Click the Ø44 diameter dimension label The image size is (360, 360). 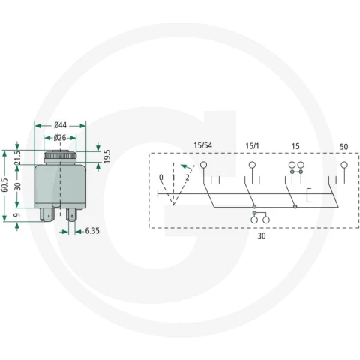tap(60, 125)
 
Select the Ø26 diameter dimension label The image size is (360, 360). tap(60, 138)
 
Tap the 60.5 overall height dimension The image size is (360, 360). tap(4, 185)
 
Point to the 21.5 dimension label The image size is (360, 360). tap(17, 158)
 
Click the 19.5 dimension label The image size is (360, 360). tap(107, 157)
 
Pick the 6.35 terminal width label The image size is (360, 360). tap(92, 231)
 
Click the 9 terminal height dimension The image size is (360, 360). tap(17, 215)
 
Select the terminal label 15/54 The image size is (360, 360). tap(203, 145)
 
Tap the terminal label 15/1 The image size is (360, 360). tap(252, 146)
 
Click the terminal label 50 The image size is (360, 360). tap(344, 147)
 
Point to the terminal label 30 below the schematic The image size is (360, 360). tap(262, 235)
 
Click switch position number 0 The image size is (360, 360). tap(161, 178)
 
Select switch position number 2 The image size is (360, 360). tap(187, 178)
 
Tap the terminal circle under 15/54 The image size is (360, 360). tap(204, 165)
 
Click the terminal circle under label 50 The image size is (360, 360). tap(344, 165)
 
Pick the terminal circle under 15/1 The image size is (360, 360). tap(252, 165)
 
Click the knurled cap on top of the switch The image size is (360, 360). tap(60, 157)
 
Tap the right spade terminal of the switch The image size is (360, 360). tap(71, 214)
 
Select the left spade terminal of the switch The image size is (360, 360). tap(47, 214)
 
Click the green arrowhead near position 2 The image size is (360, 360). tap(184, 166)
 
